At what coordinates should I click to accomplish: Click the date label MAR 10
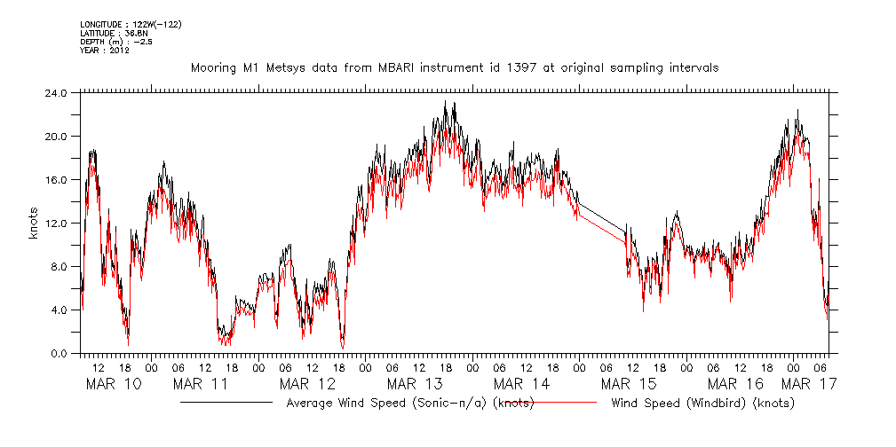coord(113,384)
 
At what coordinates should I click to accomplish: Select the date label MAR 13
coord(415,384)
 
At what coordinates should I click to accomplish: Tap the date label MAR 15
coord(629,384)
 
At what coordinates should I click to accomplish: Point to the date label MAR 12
coord(308,384)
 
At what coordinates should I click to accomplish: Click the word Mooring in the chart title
coord(212,68)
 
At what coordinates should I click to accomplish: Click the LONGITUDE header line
coord(130,24)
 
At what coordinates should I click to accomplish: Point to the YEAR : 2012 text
coord(105,51)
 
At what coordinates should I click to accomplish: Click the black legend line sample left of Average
coord(226,403)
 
